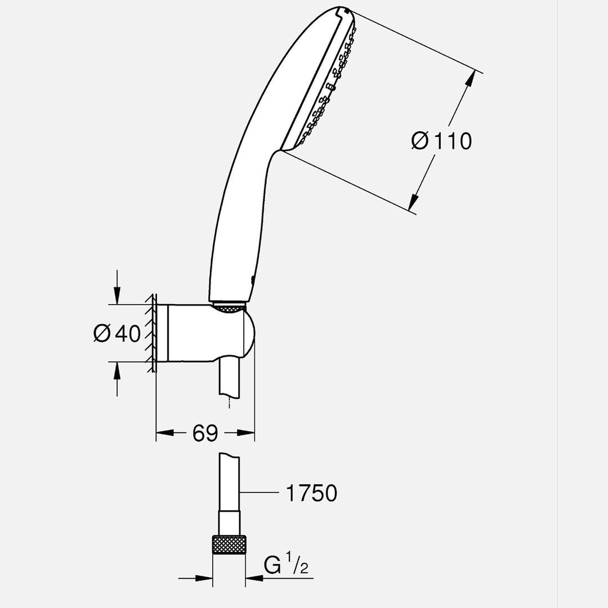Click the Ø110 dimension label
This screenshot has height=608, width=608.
[441, 141]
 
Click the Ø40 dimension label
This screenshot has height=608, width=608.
[117, 334]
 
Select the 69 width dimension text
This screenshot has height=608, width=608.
[205, 433]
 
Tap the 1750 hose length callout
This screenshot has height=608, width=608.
[311, 493]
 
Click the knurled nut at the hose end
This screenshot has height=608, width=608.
[229, 545]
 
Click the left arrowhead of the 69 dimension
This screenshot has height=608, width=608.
[163, 432]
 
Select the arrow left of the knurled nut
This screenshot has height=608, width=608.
[204, 578]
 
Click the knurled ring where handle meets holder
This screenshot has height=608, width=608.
[229, 306]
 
